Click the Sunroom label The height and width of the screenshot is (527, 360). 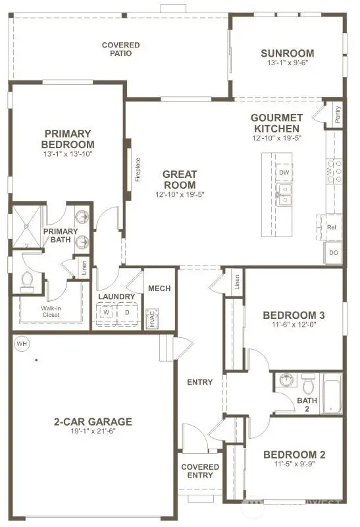286,53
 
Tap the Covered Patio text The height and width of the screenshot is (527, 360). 120,49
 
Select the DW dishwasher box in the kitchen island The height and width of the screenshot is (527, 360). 284,173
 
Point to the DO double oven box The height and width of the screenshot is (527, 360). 333,252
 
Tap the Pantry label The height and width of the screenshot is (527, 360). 337,114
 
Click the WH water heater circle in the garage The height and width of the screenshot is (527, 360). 22,343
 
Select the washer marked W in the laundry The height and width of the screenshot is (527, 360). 105,313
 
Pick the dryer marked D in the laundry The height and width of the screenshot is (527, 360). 128,313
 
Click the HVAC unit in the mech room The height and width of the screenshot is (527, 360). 151,318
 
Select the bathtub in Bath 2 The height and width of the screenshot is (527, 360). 331,393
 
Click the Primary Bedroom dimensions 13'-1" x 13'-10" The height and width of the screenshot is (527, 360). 68,153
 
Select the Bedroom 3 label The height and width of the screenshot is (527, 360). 294,314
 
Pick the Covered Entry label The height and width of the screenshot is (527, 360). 200,471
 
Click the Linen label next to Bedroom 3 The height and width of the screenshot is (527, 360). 237,282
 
